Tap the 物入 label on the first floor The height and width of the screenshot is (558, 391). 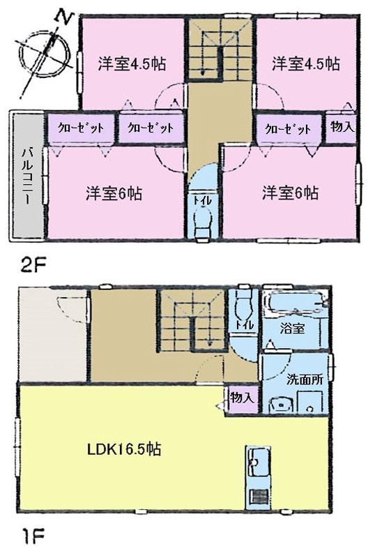(x=241, y=398)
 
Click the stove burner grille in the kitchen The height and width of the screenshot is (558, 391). (x=258, y=498)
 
